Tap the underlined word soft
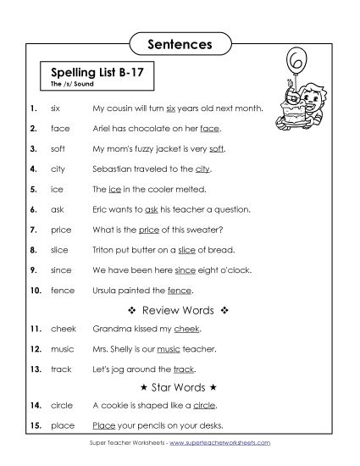[217, 149]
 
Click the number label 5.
[31, 189]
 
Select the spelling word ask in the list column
[57, 208]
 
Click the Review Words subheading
[180, 310]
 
